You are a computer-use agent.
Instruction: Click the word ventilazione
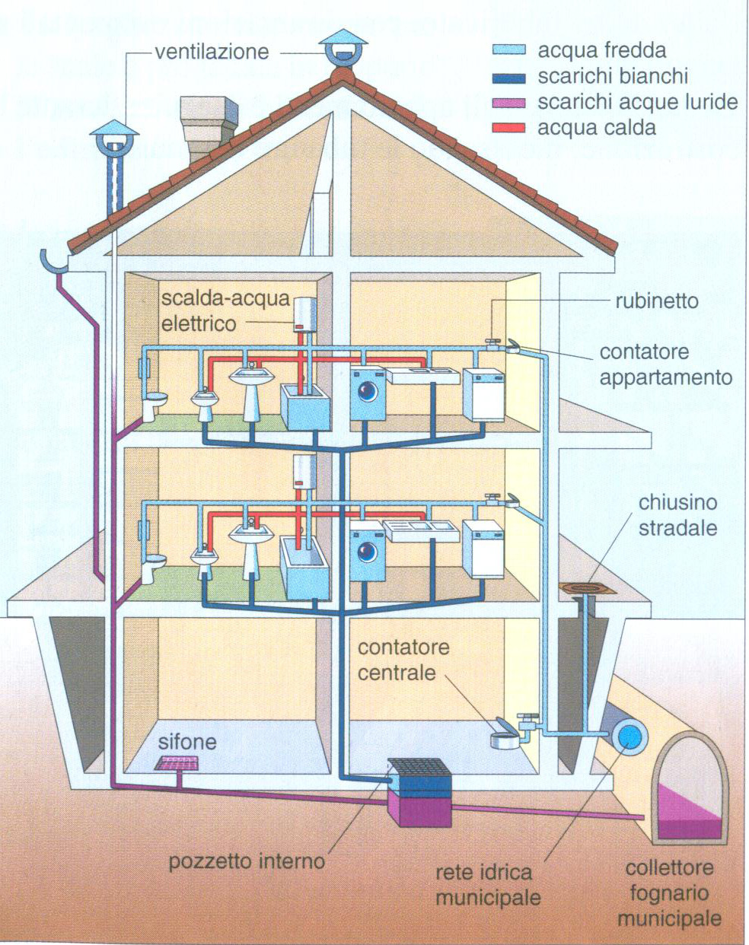click(x=212, y=52)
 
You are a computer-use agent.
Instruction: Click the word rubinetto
click(x=656, y=301)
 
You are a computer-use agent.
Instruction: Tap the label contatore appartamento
click(x=665, y=364)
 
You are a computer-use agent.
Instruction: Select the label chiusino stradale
click(x=677, y=515)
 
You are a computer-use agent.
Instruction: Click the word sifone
click(x=187, y=741)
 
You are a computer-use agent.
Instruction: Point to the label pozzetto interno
click(x=247, y=861)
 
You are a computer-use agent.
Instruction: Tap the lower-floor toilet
click(x=155, y=567)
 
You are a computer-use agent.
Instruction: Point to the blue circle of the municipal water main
click(x=629, y=737)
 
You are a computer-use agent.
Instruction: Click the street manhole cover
click(x=586, y=588)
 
